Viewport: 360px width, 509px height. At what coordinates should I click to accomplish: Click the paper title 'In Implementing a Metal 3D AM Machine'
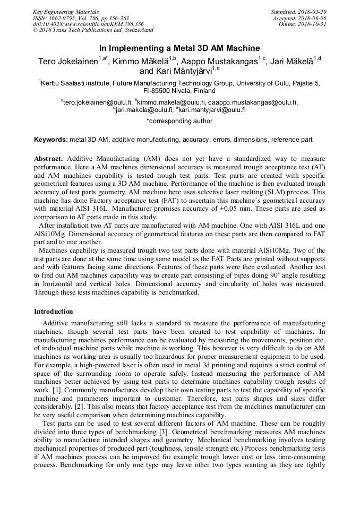pyautogui.click(x=179, y=48)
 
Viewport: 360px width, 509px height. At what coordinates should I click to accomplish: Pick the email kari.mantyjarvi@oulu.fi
pyautogui.click(x=212, y=110)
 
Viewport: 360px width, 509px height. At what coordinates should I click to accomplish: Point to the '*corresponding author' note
pyautogui.click(x=179, y=121)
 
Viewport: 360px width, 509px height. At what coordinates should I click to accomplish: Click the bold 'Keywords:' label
pyautogui.click(x=50, y=140)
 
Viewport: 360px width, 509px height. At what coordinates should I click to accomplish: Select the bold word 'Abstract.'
pyautogui.click(x=49, y=159)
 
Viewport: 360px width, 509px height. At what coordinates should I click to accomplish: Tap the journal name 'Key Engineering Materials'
pyautogui.click(x=66, y=11)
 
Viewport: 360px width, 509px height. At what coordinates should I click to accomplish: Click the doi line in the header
pyautogui.click(x=88, y=24)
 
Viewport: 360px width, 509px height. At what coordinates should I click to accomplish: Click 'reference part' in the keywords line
pyautogui.click(x=292, y=140)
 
